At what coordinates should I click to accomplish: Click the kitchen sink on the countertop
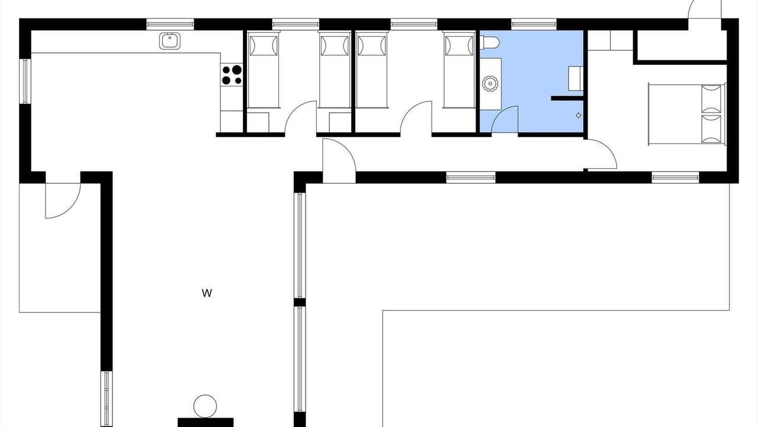click(170, 41)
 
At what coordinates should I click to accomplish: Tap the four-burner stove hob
click(232, 75)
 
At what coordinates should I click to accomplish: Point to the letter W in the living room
click(207, 293)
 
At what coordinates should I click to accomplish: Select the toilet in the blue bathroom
click(489, 42)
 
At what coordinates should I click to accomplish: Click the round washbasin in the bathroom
click(489, 84)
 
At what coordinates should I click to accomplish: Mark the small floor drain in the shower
click(579, 116)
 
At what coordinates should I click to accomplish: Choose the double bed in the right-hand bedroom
click(687, 114)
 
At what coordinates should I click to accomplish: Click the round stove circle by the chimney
click(205, 406)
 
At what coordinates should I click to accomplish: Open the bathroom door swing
click(505, 119)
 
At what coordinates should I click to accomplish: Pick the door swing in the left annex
click(63, 200)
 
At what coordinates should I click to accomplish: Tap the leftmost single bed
click(264, 70)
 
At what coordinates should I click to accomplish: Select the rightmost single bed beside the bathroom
click(459, 70)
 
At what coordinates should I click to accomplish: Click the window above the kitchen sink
click(170, 24)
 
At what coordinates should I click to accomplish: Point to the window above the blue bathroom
click(534, 24)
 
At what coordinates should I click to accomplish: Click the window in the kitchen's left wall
click(25, 81)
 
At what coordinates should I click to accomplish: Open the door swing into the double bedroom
click(601, 154)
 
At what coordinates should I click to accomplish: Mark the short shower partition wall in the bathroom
click(567, 98)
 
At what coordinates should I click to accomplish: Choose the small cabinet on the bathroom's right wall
click(576, 79)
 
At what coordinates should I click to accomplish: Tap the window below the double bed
click(676, 177)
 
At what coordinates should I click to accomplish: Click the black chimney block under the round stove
click(205, 422)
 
